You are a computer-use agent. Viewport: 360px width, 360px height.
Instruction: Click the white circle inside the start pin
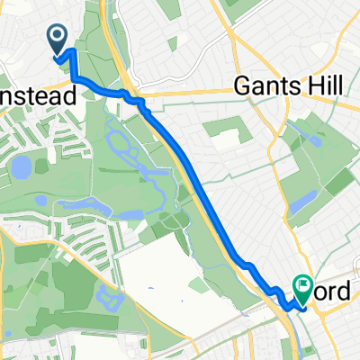(x=57, y=37)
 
